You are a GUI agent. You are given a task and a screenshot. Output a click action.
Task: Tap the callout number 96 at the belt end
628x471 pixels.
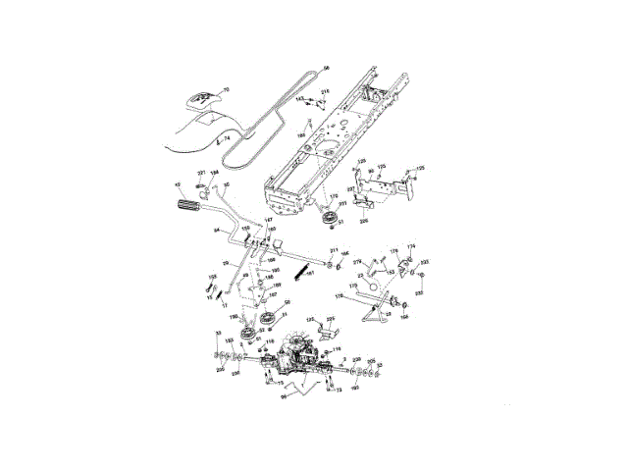click(327, 67)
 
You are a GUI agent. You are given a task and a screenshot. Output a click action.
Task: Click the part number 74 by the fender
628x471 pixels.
click(227, 139)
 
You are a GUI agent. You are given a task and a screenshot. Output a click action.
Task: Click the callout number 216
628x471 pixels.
click(325, 91)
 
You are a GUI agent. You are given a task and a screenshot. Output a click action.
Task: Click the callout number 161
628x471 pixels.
click(312, 275)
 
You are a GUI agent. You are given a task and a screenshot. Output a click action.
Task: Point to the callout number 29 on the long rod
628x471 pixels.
click(226, 263)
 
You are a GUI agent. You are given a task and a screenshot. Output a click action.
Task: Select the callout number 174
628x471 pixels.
click(411, 246)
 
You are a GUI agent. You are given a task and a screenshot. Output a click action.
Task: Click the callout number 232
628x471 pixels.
click(425, 263)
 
